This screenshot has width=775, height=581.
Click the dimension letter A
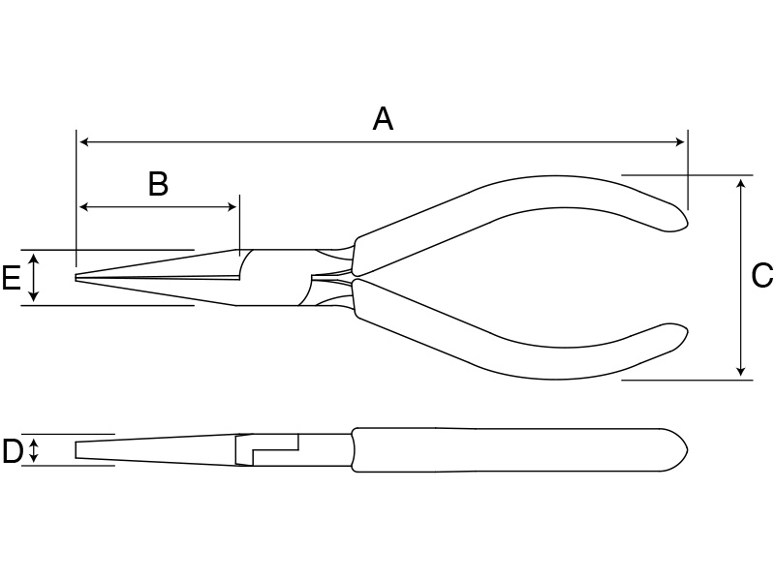point(383,119)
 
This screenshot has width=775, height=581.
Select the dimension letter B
point(158,184)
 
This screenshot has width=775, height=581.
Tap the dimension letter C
point(762,275)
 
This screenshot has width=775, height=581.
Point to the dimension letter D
point(13,450)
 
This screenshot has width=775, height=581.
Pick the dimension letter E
point(11,277)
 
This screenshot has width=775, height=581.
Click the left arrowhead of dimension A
point(84,142)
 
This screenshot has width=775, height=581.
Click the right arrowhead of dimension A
point(680,142)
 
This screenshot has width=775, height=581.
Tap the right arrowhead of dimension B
point(232,206)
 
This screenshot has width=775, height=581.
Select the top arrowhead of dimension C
point(740,184)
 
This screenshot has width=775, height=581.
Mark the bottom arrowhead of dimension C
point(740,371)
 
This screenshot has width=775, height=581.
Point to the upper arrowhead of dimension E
point(33,259)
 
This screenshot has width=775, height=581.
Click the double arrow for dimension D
point(33,450)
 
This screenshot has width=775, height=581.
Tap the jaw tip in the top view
point(77,278)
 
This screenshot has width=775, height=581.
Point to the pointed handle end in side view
point(687,449)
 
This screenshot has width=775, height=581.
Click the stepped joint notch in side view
point(268,449)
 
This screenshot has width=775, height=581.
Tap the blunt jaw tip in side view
point(77,449)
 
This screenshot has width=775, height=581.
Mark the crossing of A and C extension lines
point(688,175)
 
